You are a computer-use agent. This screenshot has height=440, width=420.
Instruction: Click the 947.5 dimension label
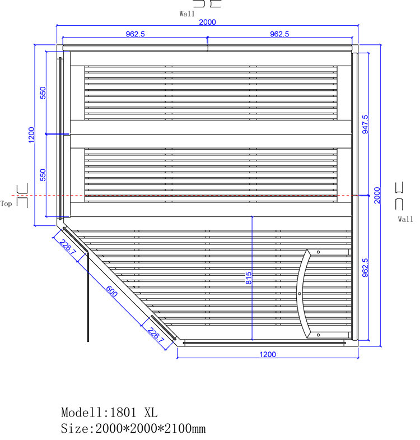[x=365, y=124]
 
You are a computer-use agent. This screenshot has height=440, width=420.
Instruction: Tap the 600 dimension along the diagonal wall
[x=111, y=291]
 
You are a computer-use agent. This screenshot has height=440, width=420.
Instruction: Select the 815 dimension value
[x=249, y=278]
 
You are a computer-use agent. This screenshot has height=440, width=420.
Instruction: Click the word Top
[x=6, y=203]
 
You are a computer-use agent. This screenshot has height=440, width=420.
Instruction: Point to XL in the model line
[x=151, y=413]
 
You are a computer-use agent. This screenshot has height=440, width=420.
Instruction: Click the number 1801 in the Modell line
[x=123, y=413]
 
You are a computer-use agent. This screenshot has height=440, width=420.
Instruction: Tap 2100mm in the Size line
[x=185, y=428]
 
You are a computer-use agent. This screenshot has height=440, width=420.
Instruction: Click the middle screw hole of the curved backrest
[x=300, y=294]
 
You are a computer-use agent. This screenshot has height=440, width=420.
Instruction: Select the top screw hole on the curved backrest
[x=318, y=252]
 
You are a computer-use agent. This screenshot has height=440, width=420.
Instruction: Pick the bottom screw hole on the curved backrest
[x=318, y=335]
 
